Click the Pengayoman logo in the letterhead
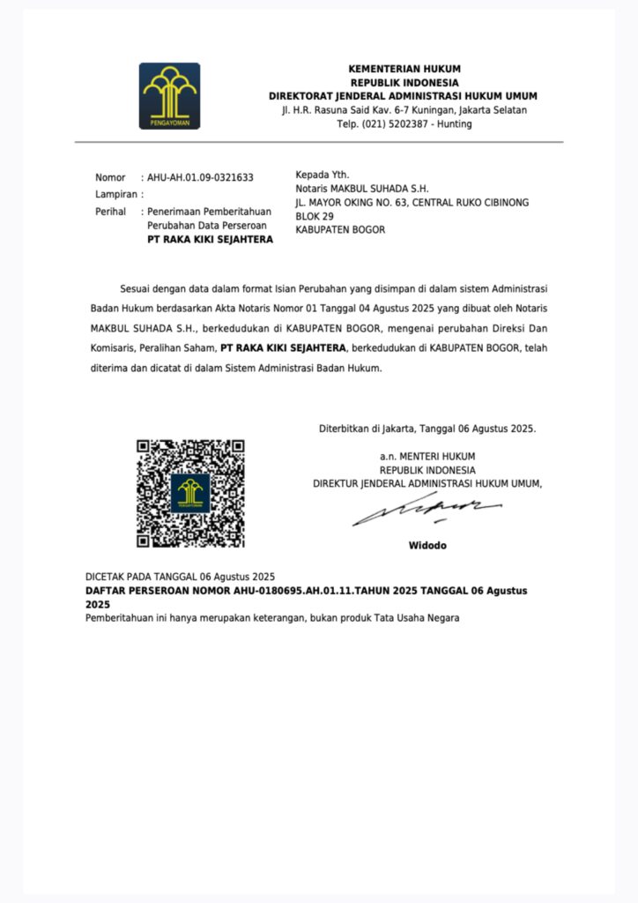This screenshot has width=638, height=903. tap(169, 96)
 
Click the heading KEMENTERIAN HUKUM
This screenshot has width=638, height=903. tap(404, 69)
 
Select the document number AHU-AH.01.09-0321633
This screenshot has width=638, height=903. tap(200, 177)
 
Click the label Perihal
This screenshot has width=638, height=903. tap(112, 212)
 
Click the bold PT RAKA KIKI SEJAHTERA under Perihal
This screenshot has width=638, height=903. tap(210, 240)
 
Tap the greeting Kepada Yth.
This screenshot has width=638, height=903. tap(323, 175)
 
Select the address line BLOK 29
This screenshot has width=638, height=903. tap(315, 216)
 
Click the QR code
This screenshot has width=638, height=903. tap(190, 494)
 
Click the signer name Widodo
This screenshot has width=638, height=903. tap(427, 546)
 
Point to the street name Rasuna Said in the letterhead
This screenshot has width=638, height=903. tap(342, 109)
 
